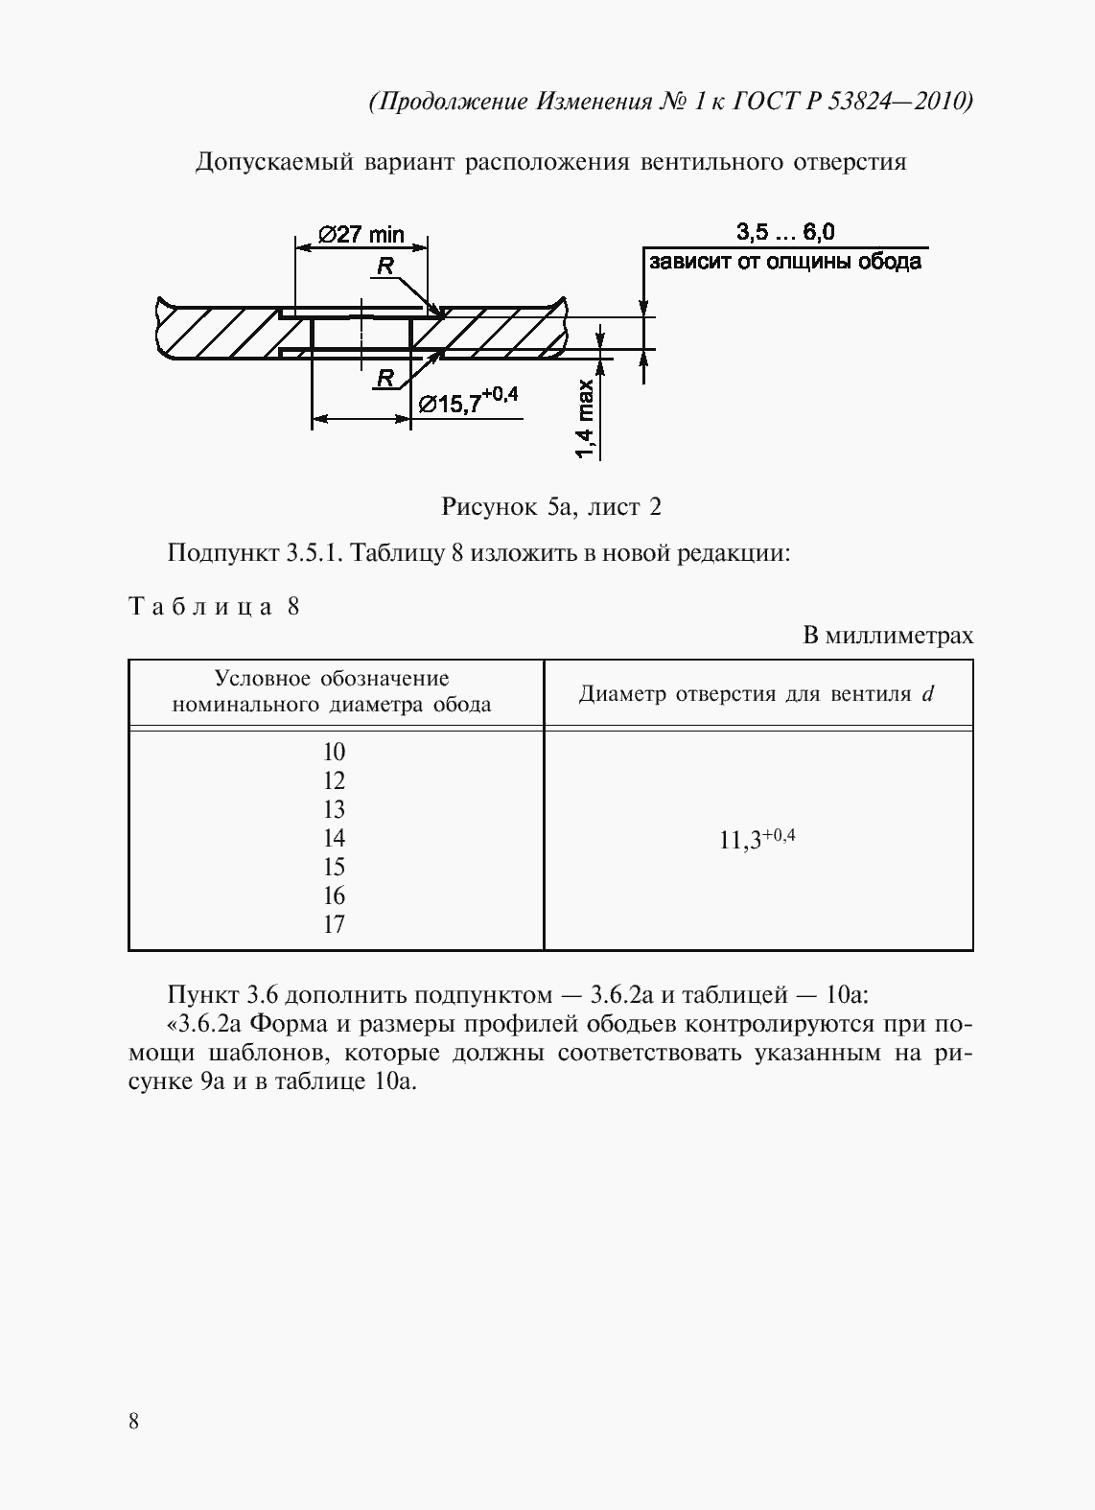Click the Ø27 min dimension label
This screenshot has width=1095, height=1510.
(x=361, y=235)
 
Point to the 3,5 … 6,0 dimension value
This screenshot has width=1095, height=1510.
(x=785, y=232)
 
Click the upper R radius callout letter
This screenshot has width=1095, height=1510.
(x=385, y=267)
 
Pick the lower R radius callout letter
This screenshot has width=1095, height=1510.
(x=385, y=378)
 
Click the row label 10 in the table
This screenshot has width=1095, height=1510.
(x=334, y=752)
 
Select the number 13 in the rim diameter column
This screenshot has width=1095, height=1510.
(x=334, y=809)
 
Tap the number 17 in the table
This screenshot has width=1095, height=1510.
(x=334, y=924)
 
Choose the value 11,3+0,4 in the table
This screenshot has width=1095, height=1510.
(x=757, y=840)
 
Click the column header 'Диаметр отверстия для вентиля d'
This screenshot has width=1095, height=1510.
(x=757, y=694)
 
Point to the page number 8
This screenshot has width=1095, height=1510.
(x=133, y=1421)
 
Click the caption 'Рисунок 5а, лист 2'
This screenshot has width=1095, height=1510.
(x=550, y=507)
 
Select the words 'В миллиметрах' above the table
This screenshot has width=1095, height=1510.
(x=888, y=636)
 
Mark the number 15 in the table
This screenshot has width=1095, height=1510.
(x=334, y=867)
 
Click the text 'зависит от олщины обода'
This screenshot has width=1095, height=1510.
(x=785, y=262)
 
